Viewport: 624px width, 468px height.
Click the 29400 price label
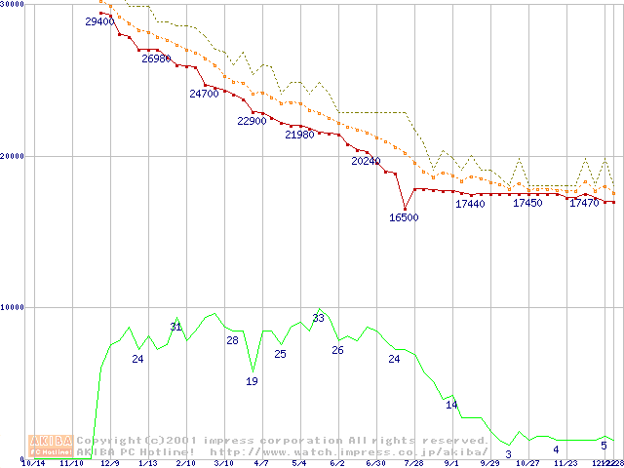99,21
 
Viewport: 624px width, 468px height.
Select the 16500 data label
404,217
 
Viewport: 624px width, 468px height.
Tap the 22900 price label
252,121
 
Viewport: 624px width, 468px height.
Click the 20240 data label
366,161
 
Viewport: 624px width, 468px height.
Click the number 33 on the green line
318,318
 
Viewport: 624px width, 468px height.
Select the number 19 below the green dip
252,381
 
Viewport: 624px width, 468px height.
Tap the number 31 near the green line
175,326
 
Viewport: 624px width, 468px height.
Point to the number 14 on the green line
451,404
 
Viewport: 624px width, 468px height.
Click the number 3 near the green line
509,454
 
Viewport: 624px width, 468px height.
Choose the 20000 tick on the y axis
12,156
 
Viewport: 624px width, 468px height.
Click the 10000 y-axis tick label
12,307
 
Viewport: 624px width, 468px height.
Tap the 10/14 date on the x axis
33,464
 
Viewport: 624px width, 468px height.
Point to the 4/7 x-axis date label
261,464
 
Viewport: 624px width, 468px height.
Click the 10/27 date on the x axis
527,464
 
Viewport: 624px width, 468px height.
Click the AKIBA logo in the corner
51,446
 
